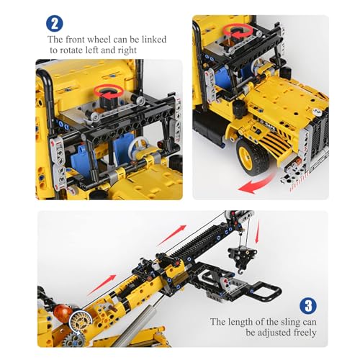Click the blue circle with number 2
55,24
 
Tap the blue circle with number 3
308,306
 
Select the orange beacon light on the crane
63,312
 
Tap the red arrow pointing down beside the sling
257,231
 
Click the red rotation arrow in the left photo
109,92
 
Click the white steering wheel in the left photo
139,146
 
